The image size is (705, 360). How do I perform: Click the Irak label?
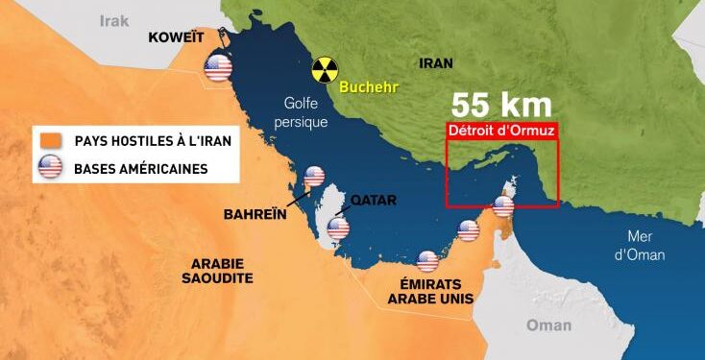113,20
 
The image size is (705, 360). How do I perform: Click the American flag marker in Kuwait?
219,67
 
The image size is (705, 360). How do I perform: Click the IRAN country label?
436,62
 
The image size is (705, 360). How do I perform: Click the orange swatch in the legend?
48,141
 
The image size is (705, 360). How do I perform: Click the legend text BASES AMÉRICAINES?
140,170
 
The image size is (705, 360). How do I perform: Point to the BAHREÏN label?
256,213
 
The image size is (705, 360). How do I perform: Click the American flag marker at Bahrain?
314,177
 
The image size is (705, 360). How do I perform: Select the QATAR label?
374,201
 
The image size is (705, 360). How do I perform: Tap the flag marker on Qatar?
338,228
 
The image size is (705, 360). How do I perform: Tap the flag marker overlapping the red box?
504,205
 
